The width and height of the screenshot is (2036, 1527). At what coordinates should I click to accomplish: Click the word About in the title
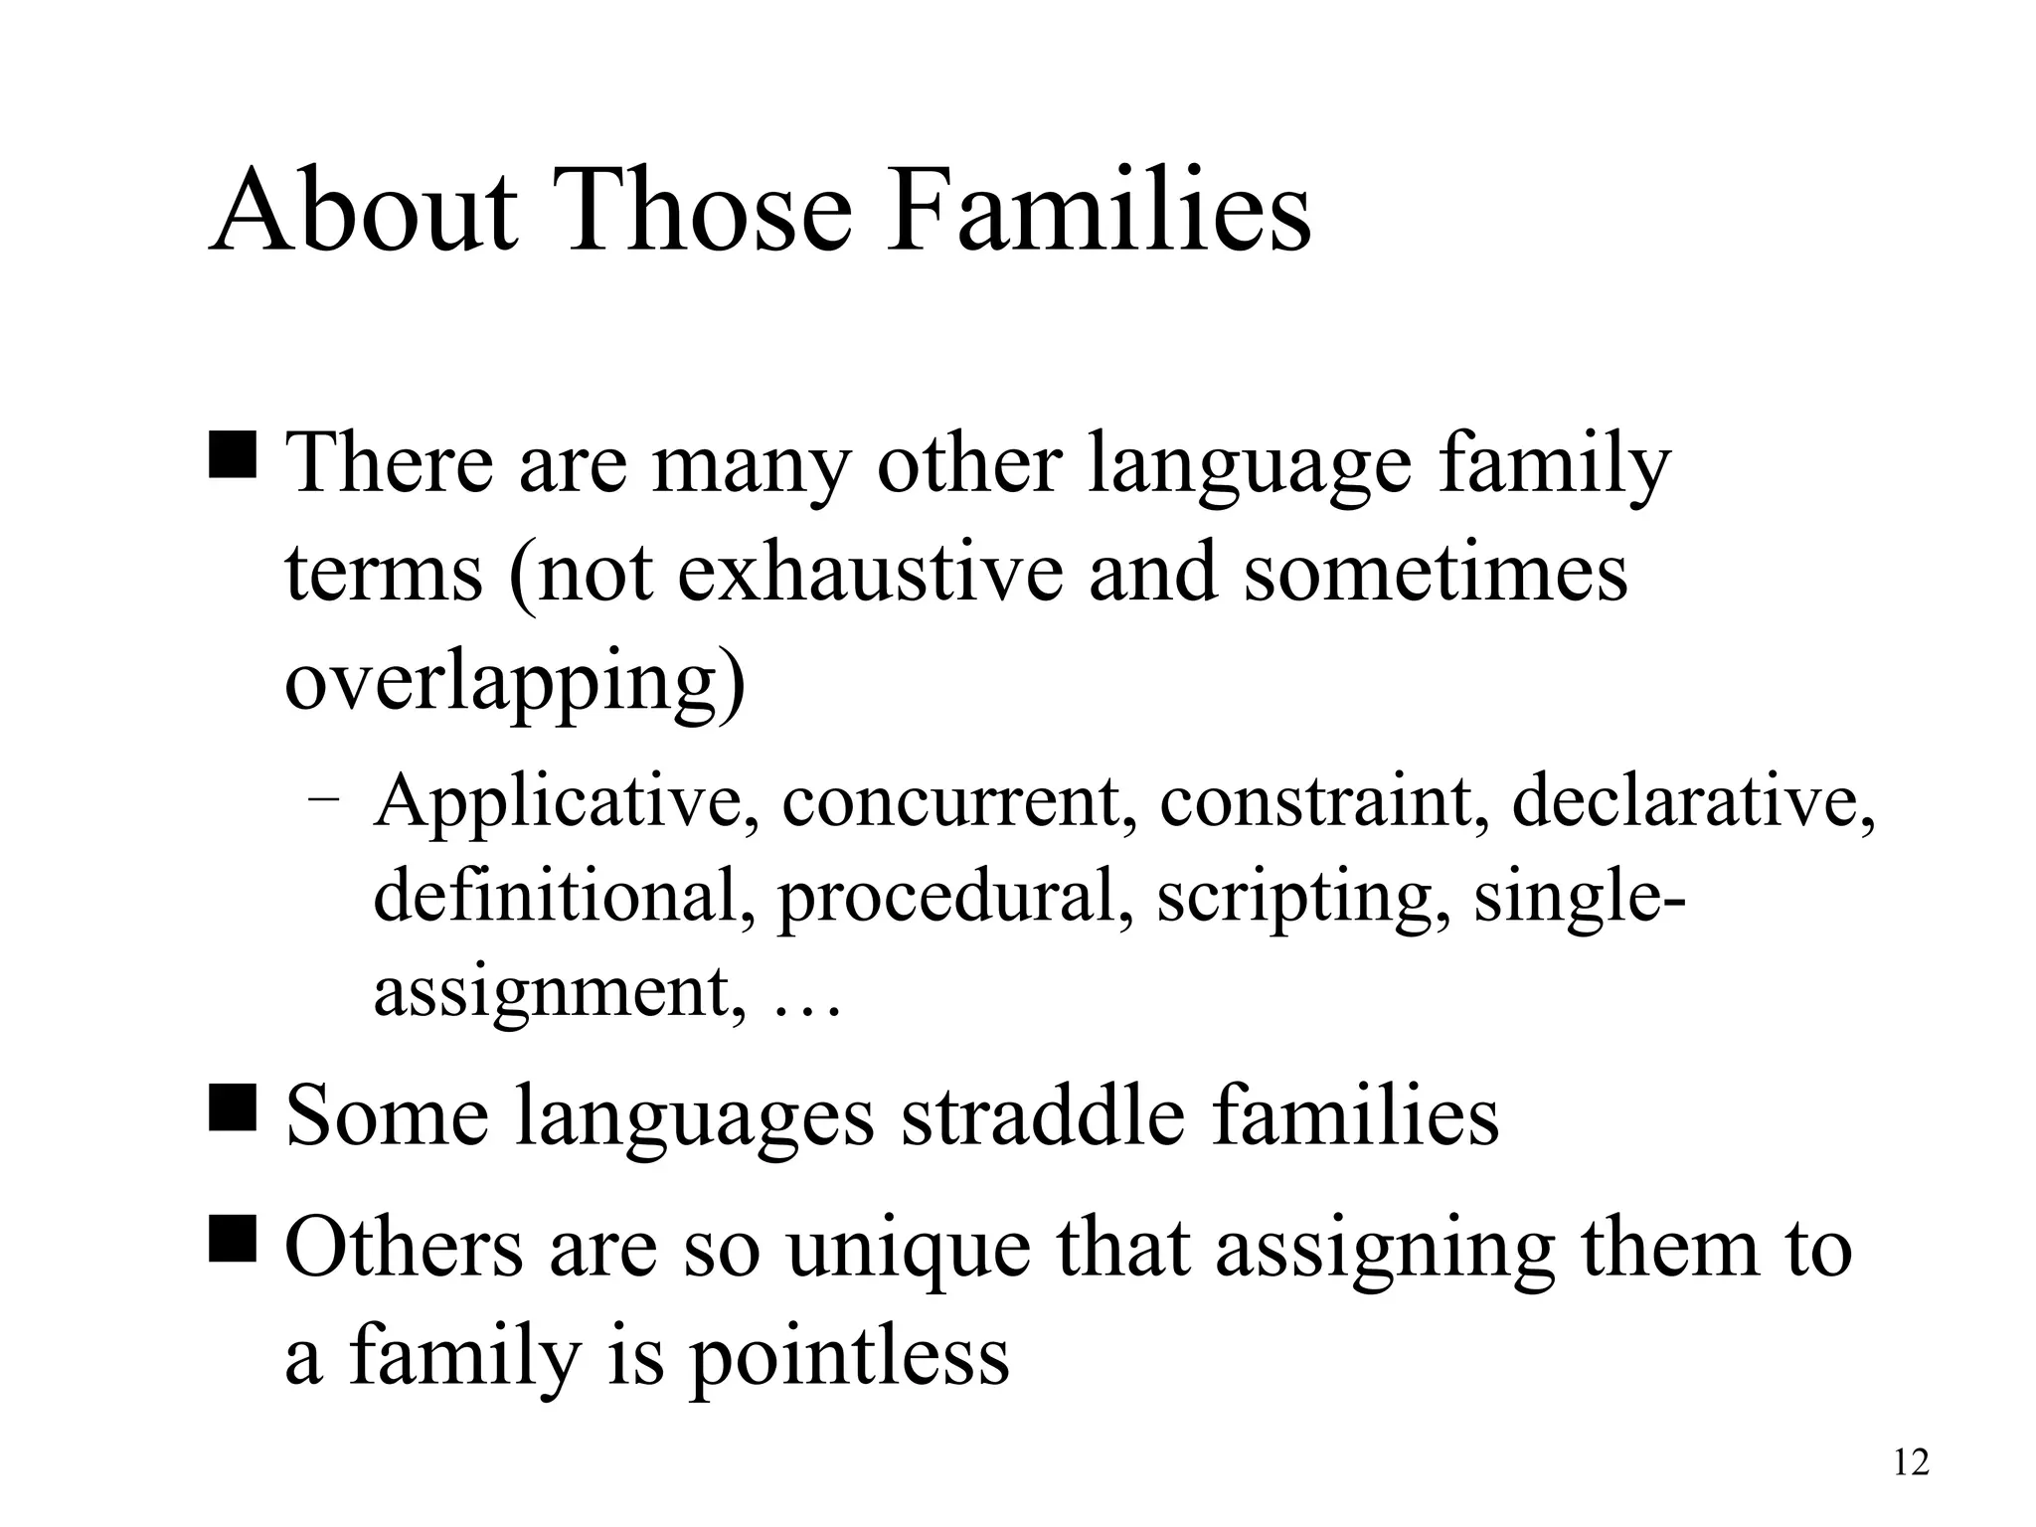pyautogui.click(x=364, y=212)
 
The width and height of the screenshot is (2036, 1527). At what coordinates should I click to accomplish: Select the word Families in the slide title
pyautogui.click(x=1100, y=212)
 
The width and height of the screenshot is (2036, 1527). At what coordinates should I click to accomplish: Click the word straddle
pyautogui.click(x=1043, y=1115)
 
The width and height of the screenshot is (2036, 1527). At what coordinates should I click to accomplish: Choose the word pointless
pyautogui.click(x=850, y=1356)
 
